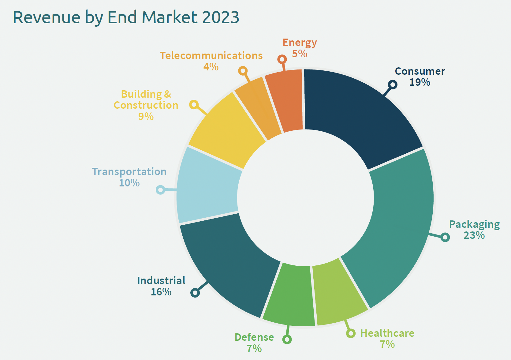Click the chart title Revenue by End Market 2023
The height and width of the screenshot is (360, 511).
126,17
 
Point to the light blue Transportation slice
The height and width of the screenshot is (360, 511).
208,187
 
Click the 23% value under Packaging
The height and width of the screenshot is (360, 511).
474,235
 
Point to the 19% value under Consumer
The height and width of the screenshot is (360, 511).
420,82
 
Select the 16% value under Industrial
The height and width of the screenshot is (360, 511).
161,292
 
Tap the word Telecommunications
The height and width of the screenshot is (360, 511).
211,56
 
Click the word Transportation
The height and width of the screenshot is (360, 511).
129,172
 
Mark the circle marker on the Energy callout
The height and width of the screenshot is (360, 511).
282,59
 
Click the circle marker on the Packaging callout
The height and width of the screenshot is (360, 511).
445,237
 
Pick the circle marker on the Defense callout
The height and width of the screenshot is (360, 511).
287,339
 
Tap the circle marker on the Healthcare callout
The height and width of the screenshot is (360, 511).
351,333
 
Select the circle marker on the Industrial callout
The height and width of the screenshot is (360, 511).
195,293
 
